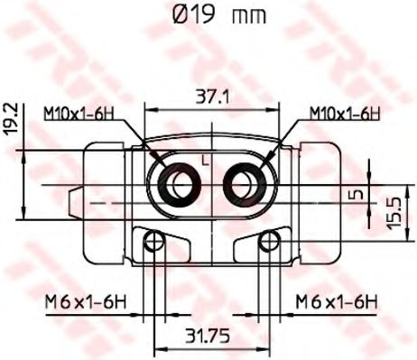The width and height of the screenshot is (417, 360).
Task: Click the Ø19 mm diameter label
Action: (x=219, y=15)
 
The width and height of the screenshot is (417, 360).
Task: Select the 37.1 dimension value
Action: (x=212, y=97)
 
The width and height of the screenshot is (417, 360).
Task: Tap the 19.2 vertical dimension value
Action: (x=12, y=119)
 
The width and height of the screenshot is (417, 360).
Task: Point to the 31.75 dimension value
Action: (x=208, y=336)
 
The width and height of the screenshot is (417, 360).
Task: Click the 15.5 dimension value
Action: (x=394, y=212)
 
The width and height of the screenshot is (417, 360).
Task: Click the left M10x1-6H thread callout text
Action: (x=79, y=114)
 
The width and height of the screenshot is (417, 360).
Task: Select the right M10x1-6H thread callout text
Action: (x=345, y=114)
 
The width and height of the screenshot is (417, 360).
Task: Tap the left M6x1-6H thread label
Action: (x=86, y=301)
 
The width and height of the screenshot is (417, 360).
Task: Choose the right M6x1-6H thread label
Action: (x=337, y=301)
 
